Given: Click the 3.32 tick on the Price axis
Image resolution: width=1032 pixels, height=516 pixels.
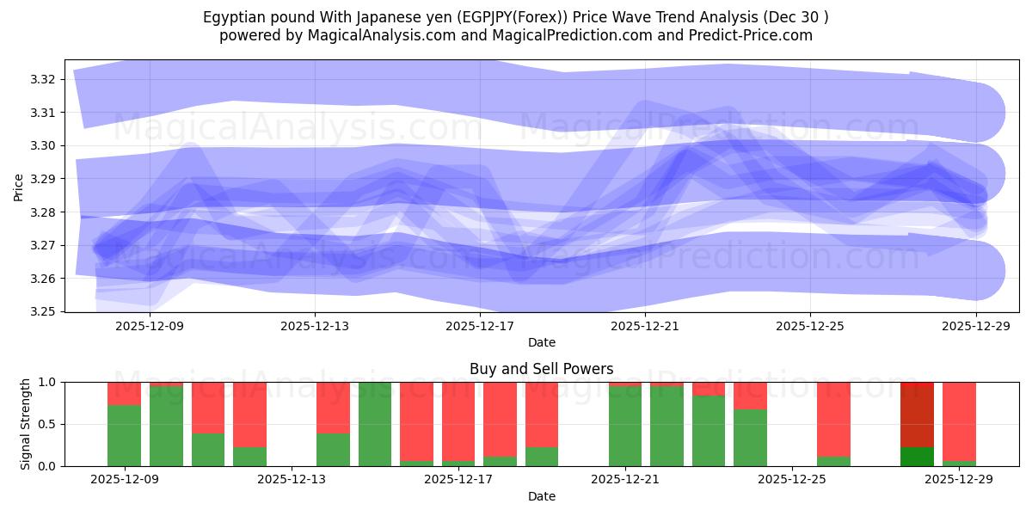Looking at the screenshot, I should coord(44,79).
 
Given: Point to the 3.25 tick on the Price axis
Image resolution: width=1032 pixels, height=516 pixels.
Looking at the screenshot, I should coord(44,311).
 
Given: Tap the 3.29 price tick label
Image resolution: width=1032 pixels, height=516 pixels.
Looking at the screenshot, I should coord(44,179).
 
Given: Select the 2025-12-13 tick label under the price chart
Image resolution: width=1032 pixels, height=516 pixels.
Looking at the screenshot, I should coord(315,327).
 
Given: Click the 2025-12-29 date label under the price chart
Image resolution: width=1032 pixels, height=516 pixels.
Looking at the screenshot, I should coord(976,327).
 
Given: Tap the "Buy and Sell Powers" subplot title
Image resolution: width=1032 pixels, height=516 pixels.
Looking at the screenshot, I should coord(541,369).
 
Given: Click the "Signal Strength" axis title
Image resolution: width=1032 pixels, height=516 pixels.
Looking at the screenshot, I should coord(26,424).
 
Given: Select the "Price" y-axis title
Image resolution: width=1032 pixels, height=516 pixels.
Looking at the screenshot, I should coord(19,186).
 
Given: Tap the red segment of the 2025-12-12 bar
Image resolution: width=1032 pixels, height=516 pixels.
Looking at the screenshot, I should coord(249,414).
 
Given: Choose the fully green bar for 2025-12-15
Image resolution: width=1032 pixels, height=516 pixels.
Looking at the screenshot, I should coord(375,424).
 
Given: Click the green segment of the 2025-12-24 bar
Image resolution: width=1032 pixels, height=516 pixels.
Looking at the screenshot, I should coord(750,438).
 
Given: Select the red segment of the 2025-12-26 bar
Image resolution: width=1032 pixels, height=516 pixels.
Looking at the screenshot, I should coord(833,418).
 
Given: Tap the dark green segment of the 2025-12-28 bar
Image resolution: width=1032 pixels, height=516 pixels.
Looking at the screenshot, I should coord(917,457).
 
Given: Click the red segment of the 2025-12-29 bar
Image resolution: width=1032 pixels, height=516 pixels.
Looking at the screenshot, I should coord(959,421).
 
